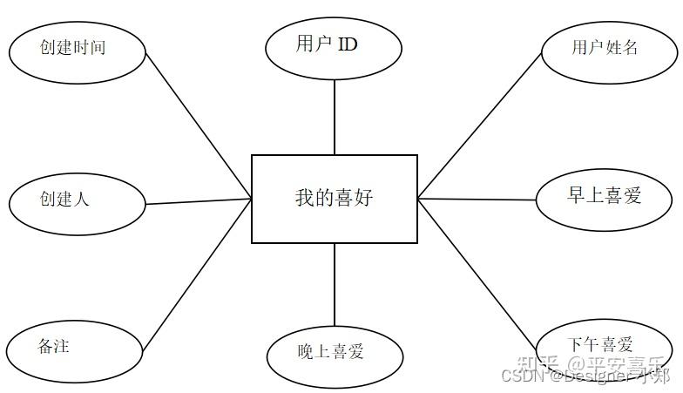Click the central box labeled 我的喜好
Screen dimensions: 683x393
click(x=334, y=199)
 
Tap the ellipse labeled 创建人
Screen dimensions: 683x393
click(x=77, y=200)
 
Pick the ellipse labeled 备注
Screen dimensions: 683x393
click(x=75, y=348)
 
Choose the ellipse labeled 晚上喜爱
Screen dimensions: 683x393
click(x=334, y=352)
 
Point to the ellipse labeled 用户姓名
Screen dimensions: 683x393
click(x=607, y=48)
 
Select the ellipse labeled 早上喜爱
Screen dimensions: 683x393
click(x=605, y=197)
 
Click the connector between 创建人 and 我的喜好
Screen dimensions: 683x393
click(x=199, y=202)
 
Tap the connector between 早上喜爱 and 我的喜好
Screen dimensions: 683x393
click(x=477, y=200)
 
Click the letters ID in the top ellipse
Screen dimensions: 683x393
click(x=347, y=44)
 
